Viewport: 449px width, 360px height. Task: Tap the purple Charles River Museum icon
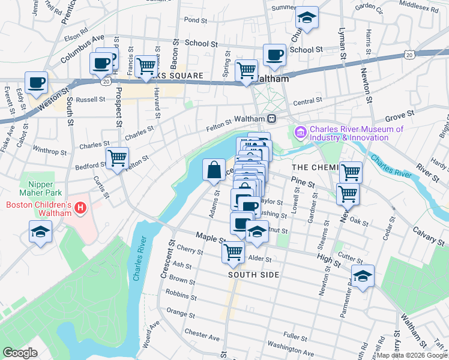coord(299,131)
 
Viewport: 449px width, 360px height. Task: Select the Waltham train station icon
coord(271,118)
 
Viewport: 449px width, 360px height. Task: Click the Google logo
coord(20,352)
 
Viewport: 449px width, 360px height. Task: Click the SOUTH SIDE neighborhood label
coord(254,274)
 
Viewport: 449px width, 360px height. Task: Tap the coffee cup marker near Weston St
coord(36,82)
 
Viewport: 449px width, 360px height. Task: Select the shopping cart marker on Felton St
coord(117,158)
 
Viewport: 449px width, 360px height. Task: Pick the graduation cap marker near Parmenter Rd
coord(363,276)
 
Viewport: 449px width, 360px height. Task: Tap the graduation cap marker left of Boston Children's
coord(40,232)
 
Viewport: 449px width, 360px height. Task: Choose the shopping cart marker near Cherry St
coord(233,251)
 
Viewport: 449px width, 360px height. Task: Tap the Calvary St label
coord(427,235)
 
